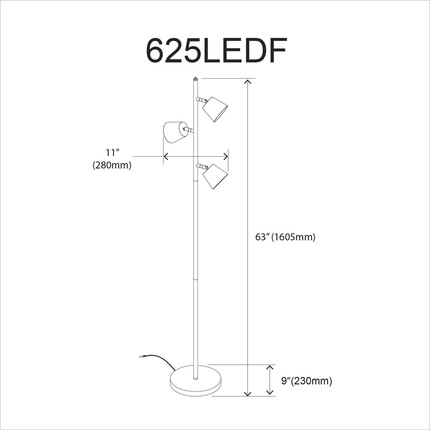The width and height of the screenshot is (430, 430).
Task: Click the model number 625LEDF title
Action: pos(216,51)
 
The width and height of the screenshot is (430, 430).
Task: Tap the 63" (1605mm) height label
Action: pos(285,237)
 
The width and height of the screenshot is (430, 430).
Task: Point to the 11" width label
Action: pos(112,153)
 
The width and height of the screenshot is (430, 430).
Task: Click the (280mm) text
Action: pos(112,165)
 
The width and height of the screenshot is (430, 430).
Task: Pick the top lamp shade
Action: pos(215,109)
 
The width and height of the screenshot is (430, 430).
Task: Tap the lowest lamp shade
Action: pos(215,176)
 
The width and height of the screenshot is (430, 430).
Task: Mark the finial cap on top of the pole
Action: pos(196,78)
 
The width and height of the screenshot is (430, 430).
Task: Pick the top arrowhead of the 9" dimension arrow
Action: pos(269,367)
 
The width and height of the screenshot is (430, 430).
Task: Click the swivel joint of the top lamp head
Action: pos(202,100)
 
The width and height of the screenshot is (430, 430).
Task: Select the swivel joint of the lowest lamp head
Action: pos(202,166)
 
